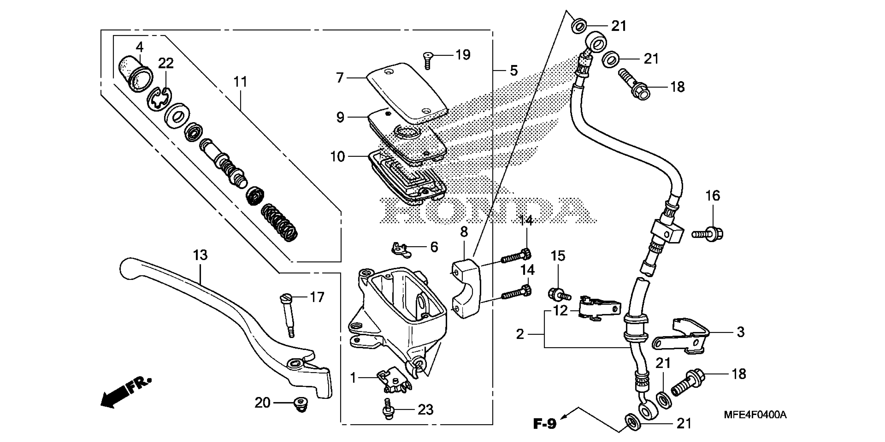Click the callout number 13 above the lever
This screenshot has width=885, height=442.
coord(200,255)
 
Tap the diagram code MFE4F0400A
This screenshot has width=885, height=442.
coord(755,415)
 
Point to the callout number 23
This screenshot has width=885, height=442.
coord(425,410)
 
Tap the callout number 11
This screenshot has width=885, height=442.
coord(240,82)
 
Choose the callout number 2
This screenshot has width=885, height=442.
coord(520,334)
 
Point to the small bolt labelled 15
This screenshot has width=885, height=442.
coord(558,293)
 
